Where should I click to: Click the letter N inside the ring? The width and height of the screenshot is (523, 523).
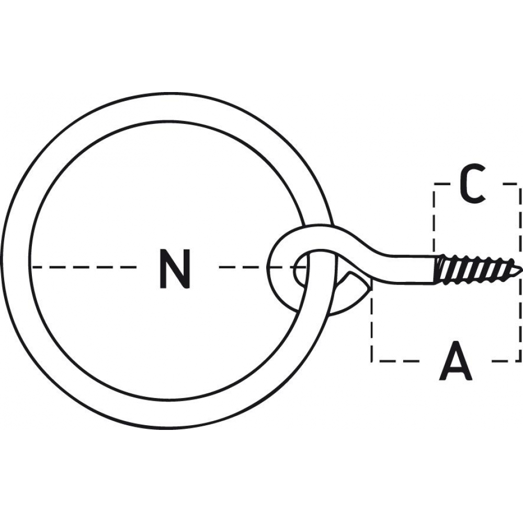pos(175,268)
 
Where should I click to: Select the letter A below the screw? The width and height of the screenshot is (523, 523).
pos(456,360)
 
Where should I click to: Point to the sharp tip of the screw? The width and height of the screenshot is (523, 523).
pos(521,268)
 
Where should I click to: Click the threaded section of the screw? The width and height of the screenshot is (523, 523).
pos(477,269)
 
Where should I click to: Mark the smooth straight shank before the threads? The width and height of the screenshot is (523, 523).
pos(414,269)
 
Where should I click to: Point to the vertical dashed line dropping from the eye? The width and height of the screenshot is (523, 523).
pos(372,326)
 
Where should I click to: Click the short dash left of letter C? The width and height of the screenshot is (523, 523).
pos(442,184)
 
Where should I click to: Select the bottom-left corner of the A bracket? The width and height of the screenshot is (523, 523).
pos(372,360)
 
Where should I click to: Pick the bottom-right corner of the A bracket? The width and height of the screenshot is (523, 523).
pos(519,360)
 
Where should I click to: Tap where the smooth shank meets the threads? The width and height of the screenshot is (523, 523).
pos(437,269)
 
